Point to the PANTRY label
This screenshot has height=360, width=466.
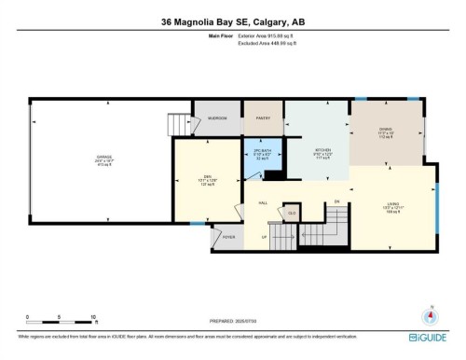(x=263, y=118)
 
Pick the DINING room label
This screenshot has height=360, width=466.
(x=386, y=131)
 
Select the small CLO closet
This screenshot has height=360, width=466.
(x=292, y=214)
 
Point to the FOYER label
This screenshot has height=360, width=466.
(x=229, y=237)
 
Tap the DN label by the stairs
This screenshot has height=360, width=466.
(x=336, y=203)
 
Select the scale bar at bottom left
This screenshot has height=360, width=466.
(x=62, y=318)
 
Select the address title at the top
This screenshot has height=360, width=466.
(x=232, y=20)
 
